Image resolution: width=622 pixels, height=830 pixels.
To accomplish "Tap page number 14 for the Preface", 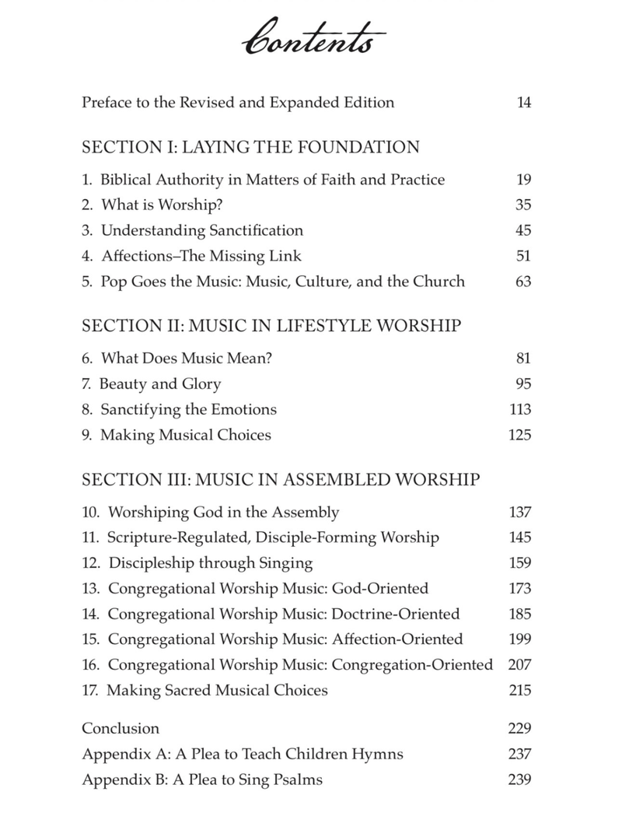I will click(x=523, y=103).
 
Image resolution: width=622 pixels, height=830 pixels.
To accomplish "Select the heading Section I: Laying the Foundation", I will click(x=250, y=147).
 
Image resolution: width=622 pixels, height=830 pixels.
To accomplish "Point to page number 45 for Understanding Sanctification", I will click(x=523, y=230).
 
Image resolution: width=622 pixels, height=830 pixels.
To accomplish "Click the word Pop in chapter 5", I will click(x=114, y=281).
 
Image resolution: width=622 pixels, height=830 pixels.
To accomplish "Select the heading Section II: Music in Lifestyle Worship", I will click(x=271, y=326).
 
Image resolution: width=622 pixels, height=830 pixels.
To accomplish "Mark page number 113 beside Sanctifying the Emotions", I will click(x=519, y=409).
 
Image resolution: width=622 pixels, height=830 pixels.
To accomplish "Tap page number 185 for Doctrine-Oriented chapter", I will click(x=519, y=614).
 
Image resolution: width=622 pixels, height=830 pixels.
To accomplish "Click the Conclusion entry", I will click(x=121, y=728).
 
